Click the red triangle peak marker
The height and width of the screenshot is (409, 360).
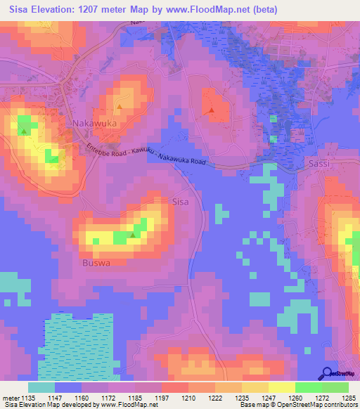(x=211, y=110)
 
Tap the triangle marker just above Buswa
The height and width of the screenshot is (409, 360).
(x=132, y=235)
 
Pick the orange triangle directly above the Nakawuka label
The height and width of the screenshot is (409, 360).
(x=119, y=108)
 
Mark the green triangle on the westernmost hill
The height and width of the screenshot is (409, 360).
(x=25, y=131)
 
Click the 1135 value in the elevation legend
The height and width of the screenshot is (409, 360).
(x=28, y=398)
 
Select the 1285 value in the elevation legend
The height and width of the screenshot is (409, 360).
(x=349, y=398)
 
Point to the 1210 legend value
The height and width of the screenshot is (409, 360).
(x=188, y=398)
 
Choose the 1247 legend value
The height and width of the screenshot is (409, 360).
(x=269, y=398)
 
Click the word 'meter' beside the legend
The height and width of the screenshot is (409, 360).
(x=10, y=398)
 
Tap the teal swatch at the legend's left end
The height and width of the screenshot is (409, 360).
(x=41, y=387)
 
